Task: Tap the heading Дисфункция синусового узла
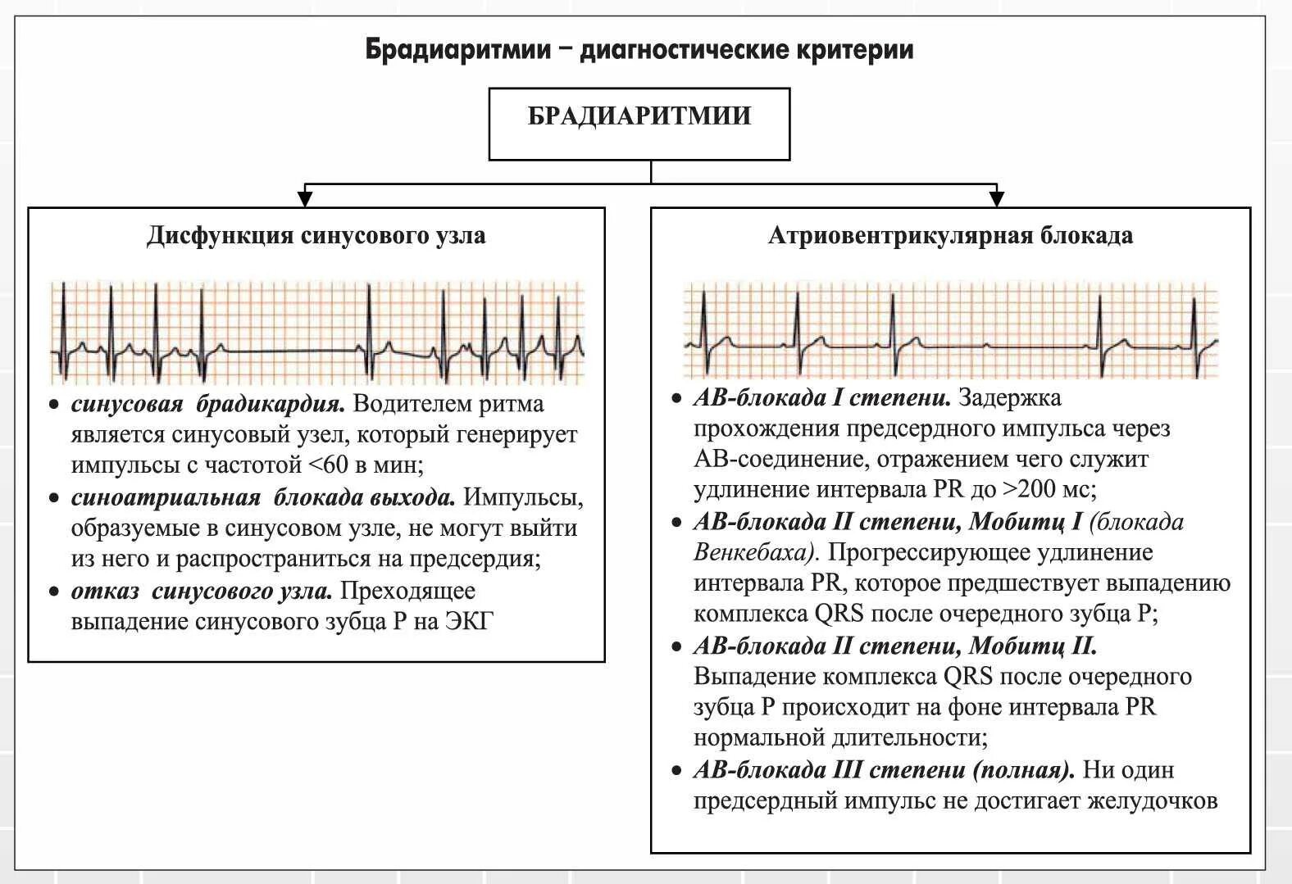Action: point(316,236)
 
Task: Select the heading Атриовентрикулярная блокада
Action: point(950,236)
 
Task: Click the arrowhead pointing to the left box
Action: point(305,198)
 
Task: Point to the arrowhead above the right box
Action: point(996,198)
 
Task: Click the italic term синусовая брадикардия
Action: point(209,405)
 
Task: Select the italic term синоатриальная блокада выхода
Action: point(262,498)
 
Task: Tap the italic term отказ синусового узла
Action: point(202,592)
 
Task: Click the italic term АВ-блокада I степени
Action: point(821,398)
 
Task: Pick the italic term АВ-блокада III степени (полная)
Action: point(884,771)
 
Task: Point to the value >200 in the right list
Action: point(1028,490)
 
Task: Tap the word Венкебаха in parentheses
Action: point(753,553)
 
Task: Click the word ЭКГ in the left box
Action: point(469,622)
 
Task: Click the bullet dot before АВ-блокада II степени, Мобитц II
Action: point(676,647)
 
